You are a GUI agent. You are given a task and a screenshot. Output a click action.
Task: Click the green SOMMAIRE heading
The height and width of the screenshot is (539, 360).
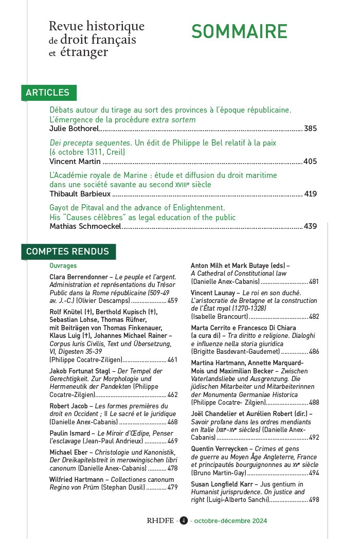coord(239,31)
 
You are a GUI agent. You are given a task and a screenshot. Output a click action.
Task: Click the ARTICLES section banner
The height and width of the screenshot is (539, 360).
coord(48,93)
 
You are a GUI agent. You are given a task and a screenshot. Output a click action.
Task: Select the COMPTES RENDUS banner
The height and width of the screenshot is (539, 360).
coord(67,251)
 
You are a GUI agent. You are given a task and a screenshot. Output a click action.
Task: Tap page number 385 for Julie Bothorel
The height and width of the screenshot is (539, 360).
coord(310,129)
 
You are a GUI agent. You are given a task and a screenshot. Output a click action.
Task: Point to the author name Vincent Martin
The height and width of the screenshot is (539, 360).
coord(73,161)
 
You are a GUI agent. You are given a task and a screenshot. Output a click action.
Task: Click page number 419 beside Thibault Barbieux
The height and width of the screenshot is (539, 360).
coord(310,194)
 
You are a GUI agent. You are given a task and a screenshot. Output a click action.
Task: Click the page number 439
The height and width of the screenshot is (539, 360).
coord(310,226)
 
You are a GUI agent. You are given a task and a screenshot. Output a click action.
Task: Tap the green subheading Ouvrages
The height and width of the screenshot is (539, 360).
coord(63,266)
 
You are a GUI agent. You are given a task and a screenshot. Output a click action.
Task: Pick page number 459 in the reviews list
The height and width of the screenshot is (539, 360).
coord(172,301)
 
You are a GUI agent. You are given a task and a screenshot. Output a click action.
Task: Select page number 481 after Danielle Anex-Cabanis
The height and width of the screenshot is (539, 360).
coord(314,282)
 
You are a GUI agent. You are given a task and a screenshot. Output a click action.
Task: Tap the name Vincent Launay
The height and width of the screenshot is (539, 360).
coord(213,292)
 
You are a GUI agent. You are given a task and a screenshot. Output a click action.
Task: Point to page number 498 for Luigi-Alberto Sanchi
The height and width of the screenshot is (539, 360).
coord(314,499)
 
